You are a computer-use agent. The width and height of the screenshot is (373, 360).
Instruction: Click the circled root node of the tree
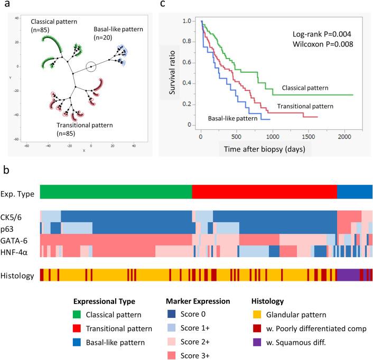point(91,67)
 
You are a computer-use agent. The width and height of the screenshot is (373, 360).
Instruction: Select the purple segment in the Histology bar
point(348,275)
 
